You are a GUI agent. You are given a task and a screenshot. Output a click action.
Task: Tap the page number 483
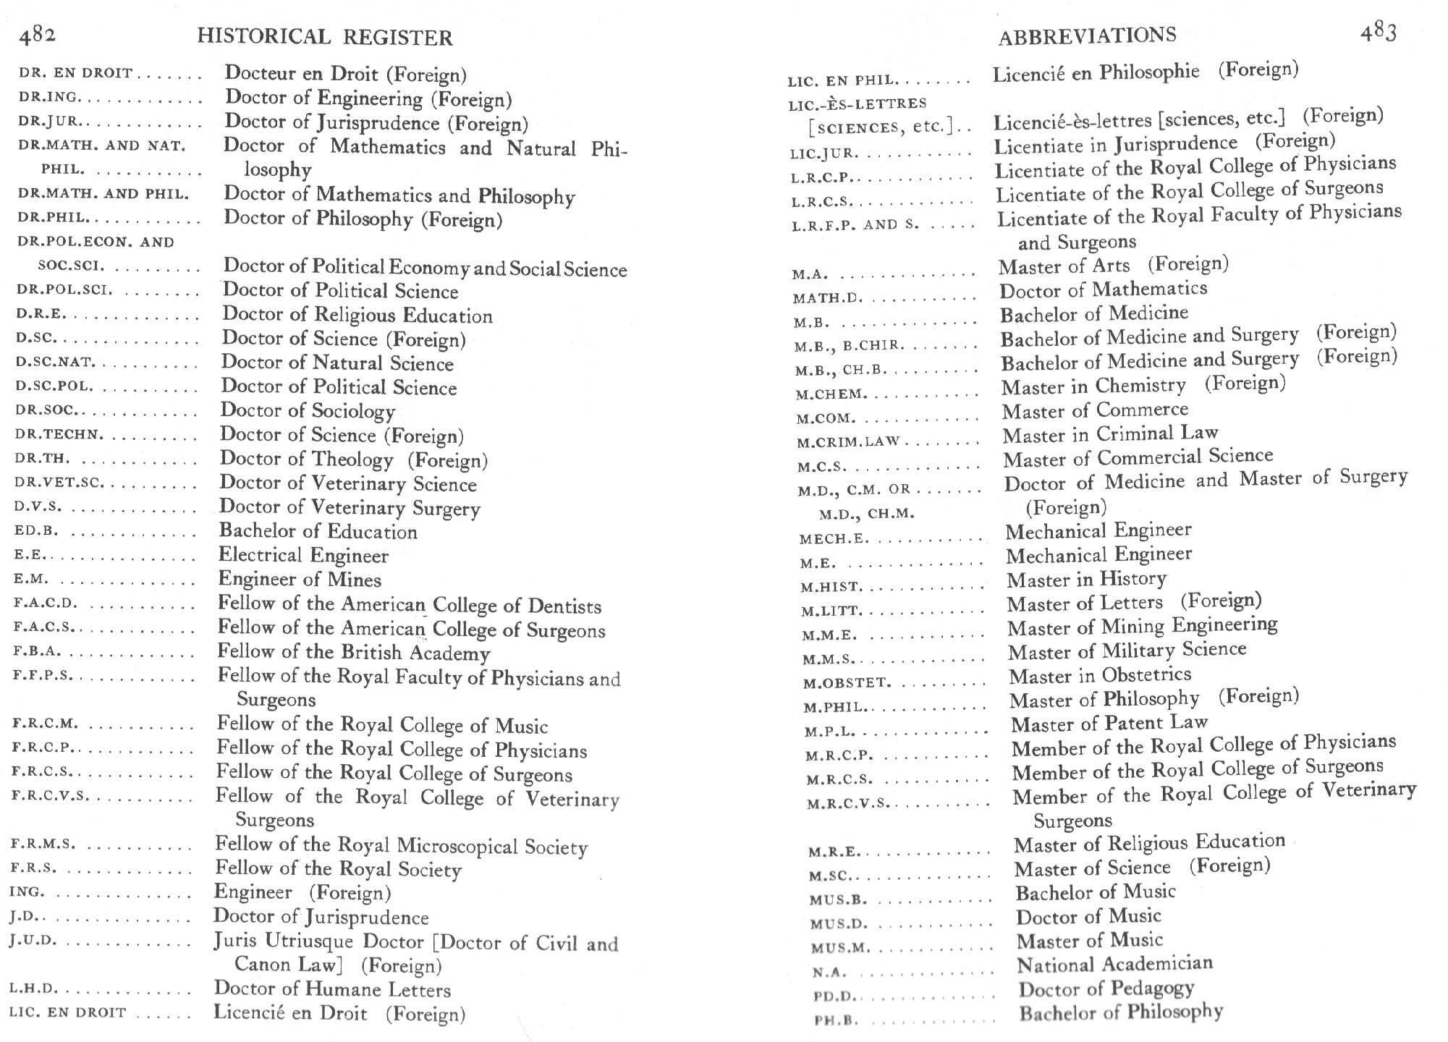point(1378,33)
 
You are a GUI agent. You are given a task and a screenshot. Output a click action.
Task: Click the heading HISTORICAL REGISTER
point(325,37)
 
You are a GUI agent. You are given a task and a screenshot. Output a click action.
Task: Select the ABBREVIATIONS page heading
point(1087,35)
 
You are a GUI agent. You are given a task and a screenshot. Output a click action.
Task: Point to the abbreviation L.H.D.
point(33,988)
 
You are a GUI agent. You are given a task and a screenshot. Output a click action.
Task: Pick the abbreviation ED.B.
point(35,531)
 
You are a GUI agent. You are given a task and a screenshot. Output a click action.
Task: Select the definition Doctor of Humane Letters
point(332,989)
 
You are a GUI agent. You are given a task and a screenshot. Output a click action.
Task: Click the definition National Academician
point(1114,964)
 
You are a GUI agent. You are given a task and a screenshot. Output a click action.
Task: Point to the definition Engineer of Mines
point(300,580)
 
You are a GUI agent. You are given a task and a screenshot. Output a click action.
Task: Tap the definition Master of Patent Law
point(1109,723)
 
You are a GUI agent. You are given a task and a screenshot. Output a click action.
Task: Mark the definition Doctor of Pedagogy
point(1106,988)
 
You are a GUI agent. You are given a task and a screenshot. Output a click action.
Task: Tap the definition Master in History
point(1086,579)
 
